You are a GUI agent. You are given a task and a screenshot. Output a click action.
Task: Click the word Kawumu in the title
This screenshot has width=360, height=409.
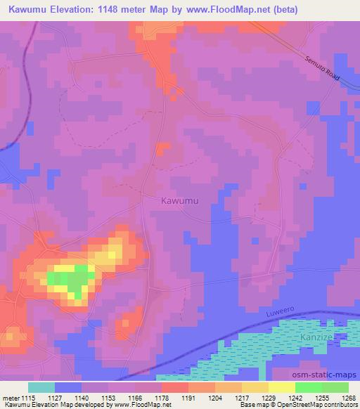[x=31, y=10]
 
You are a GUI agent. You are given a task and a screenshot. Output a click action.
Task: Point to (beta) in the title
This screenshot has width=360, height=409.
[x=281, y=10]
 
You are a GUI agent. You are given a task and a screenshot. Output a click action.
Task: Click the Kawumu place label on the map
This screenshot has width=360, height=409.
[x=180, y=201]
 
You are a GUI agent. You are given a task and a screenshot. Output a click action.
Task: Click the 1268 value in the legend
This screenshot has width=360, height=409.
[x=349, y=397]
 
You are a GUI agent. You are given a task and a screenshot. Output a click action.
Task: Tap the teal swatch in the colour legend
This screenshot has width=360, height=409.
[x=41, y=387]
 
